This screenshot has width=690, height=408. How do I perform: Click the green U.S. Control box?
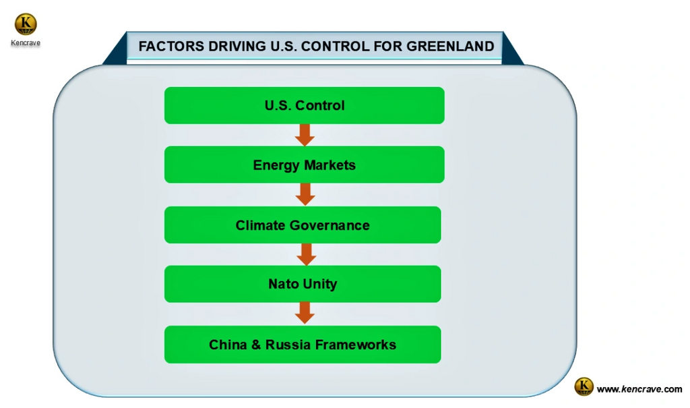(304, 105)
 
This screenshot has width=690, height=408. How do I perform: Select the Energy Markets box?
(304, 165)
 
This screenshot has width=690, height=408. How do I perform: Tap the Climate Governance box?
(303, 225)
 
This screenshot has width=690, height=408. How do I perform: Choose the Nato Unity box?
(303, 284)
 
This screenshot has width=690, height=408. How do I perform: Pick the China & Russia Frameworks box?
(303, 344)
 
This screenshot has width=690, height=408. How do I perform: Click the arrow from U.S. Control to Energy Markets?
(305, 135)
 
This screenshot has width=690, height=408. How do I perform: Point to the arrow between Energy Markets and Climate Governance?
(305, 194)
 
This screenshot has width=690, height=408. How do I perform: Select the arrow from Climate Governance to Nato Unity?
(307, 254)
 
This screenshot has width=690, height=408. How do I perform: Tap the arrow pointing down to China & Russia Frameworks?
(305, 313)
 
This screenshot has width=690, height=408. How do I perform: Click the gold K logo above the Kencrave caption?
(26, 24)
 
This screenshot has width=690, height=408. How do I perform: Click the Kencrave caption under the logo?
(26, 42)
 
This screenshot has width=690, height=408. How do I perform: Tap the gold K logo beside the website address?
(584, 386)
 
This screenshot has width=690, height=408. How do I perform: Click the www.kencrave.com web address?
(639, 389)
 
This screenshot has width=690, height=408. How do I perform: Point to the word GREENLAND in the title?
(450, 47)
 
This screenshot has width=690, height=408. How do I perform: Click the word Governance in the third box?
(330, 225)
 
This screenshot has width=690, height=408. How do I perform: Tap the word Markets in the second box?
(330, 165)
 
